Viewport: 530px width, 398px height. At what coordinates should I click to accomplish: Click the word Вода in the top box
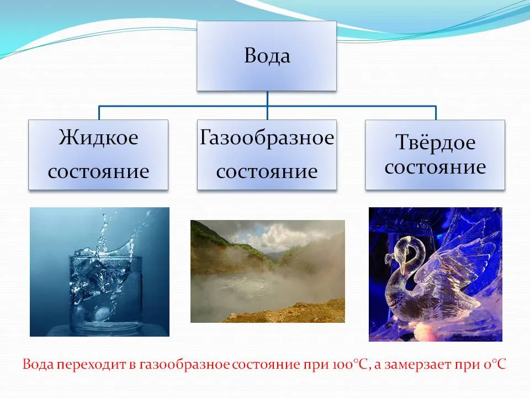point(267,55)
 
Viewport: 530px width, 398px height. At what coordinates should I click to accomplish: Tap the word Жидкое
point(98,138)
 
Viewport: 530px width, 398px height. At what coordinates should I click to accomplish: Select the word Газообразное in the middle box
point(267,138)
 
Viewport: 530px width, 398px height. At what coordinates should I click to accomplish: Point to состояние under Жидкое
point(98,171)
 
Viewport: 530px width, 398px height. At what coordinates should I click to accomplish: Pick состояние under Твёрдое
point(436,167)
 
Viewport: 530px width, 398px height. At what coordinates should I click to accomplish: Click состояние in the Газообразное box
point(267,171)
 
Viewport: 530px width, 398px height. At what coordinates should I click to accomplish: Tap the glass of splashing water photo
point(100,272)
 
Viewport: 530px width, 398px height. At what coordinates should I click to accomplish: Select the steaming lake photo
point(268,271)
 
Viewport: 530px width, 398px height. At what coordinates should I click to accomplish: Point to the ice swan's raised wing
point(460,257)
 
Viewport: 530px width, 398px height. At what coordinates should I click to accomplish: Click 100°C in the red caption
point(351,364)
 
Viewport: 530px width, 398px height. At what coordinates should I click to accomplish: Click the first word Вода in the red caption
point(38,364)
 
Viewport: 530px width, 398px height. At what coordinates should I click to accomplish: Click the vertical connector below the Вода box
point(267,105)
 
